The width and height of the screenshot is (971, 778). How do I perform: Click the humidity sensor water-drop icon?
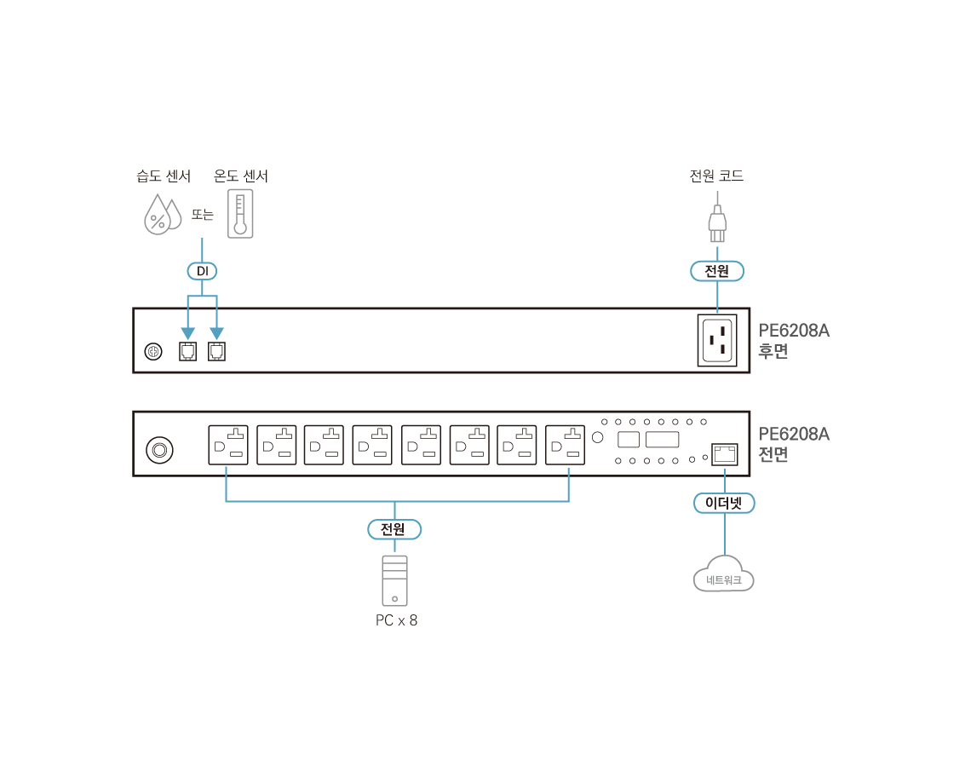coord(161,214)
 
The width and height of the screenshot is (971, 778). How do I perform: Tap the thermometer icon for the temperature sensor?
coord(240,213)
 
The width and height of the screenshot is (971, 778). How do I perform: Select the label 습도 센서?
coord(164,176)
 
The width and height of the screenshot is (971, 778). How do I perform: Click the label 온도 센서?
coord(241,176)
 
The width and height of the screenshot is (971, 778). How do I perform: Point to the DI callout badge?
coord(202,271)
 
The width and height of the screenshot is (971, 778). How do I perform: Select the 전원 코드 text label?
coord(716,176)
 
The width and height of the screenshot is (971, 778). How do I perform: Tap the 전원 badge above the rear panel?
coord(717,271)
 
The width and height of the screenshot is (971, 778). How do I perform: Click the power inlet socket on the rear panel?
coord(717,340)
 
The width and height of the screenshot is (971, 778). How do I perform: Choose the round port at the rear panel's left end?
coord(153,351)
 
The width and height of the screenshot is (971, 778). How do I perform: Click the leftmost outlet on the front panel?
coord(228,445)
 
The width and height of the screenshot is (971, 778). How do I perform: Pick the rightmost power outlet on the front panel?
coord(566,445)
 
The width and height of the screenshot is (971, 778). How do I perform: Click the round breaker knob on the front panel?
coord(159,449)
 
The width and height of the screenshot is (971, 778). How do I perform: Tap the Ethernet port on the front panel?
coord(724,453)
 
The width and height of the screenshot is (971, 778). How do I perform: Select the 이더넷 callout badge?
coord(724,503)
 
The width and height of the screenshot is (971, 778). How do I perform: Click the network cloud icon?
coord(724,575)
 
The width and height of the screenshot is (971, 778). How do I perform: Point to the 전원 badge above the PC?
coord(394,529)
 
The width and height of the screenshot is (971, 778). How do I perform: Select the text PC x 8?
coord(396,620)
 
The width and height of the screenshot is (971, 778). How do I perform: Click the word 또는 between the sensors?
coord(203,215)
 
